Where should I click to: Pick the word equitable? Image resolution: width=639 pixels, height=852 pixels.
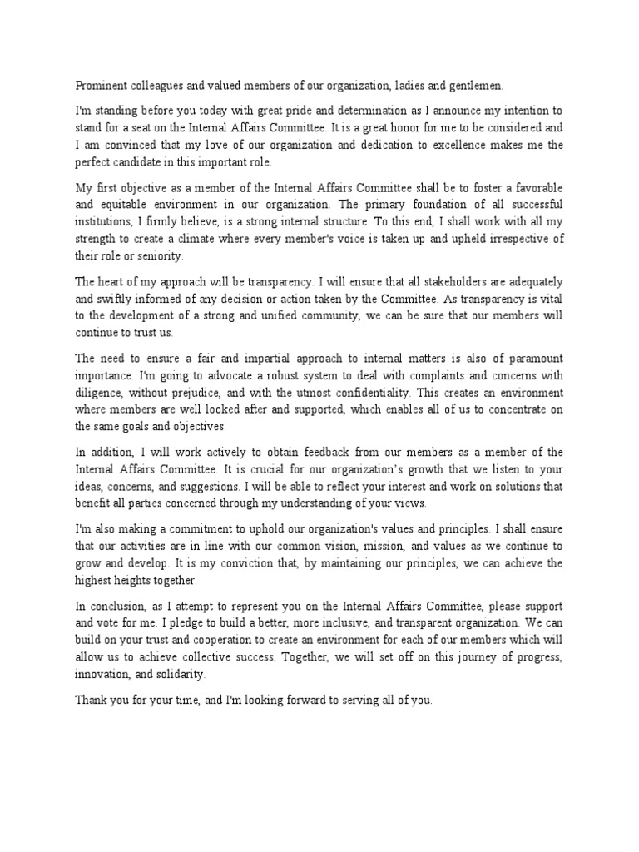(126, 204)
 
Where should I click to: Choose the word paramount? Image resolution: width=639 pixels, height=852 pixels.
(527, 359)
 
